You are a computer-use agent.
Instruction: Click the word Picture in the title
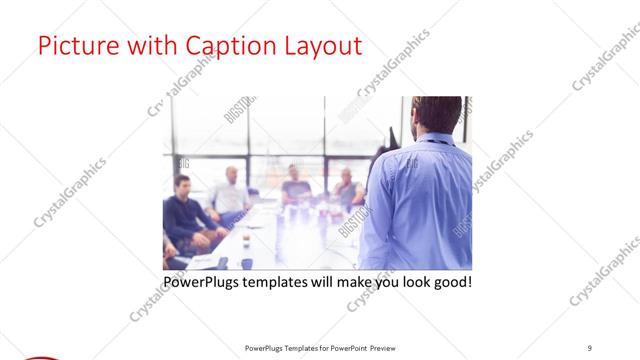tap(73, 46)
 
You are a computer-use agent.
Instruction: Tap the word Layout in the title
tap(321, 46)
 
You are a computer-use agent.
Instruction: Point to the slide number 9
tap(590, 347)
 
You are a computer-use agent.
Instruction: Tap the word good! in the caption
tap(451, 283)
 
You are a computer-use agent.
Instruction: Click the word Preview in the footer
tap(390, 347)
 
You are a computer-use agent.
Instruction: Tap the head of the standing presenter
tap(441, 115)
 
